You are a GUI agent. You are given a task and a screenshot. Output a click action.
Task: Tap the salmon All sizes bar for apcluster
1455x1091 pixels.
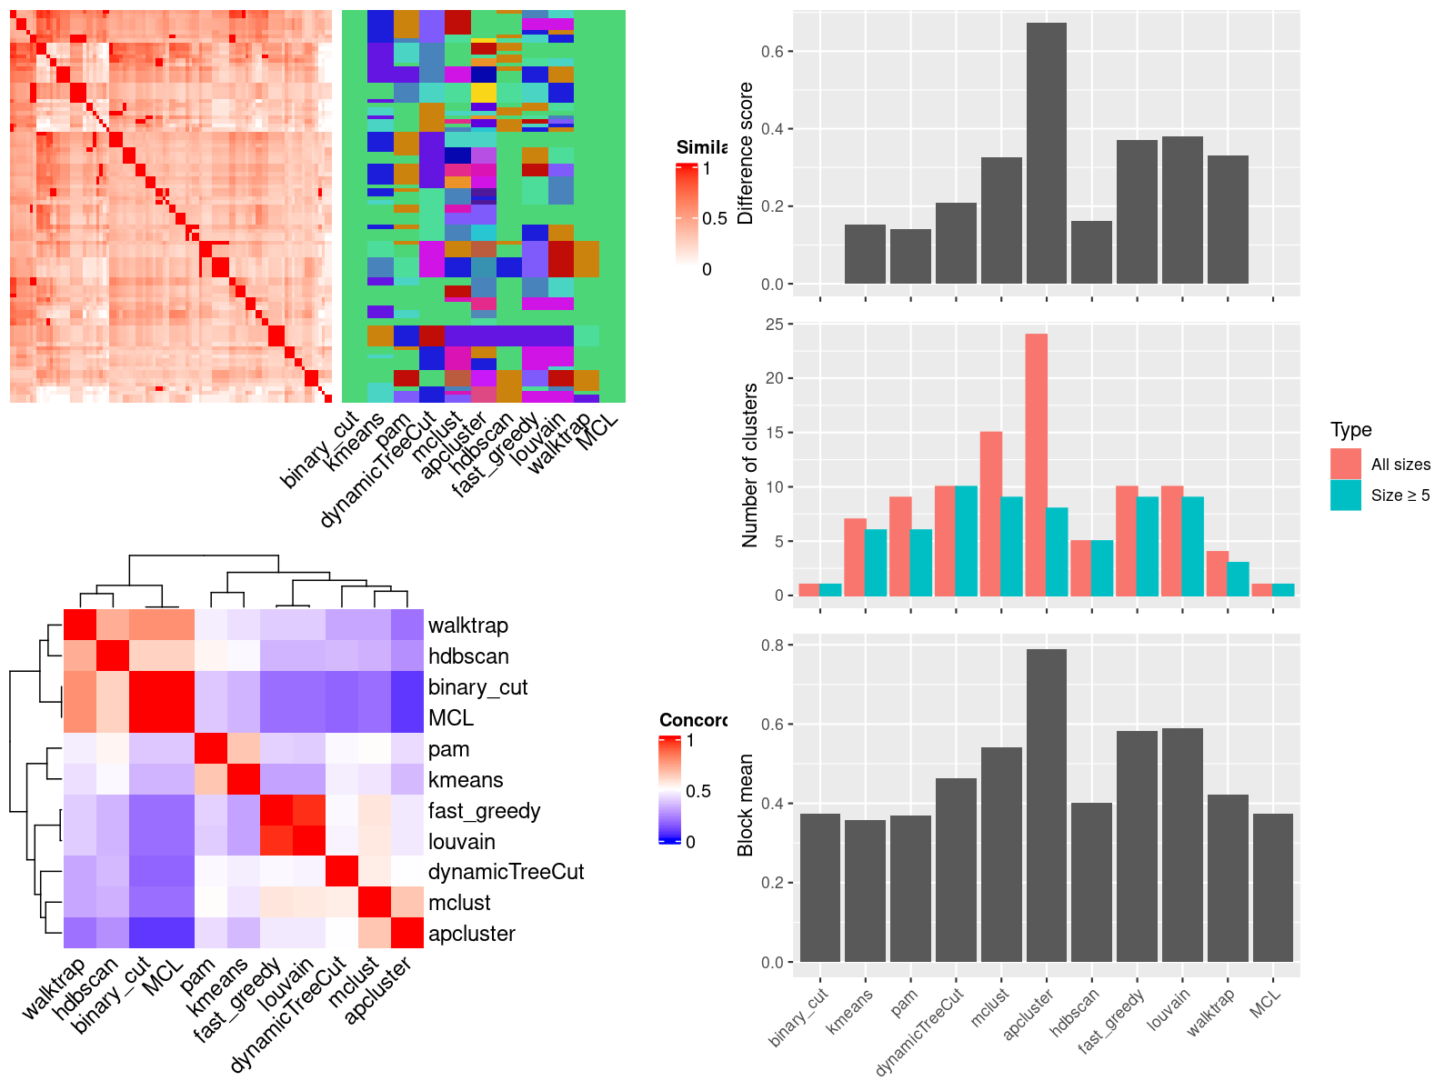click(x=1036, y=465)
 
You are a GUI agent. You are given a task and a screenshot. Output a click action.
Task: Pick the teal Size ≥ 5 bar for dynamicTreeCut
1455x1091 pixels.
click(x=966, y=541)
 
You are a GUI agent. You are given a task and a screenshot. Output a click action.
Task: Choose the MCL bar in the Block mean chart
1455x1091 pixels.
click(x=1272, y=887)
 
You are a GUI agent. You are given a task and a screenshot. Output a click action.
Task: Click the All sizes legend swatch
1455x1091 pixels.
click(x=1346, y=464)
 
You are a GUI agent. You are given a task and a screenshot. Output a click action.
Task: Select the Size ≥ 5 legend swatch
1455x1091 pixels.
click(x=1346, y=495)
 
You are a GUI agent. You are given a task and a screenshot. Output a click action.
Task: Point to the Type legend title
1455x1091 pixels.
click(x=1350, y=430)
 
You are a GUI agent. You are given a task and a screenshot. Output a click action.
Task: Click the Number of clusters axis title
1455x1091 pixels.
click(x=750, y=465)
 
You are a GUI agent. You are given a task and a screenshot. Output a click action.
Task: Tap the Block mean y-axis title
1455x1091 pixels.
click(x=746, y=805)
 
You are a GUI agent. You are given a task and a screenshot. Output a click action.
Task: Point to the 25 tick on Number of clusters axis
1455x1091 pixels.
click(x=774, y=325)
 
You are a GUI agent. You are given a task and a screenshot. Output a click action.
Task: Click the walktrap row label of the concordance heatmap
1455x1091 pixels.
click(x=467, y=626)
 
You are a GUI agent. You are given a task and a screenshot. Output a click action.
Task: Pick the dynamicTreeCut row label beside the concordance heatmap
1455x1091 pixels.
click(x=506, y=872)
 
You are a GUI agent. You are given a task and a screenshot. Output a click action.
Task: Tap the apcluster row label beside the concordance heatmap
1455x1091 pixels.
click(x=471, y=934)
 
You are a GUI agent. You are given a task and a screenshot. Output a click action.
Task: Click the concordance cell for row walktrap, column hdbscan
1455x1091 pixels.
click(x=113, y=625)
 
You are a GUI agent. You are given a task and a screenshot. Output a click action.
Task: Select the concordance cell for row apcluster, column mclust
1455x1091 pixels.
click(x=375, y=933)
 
